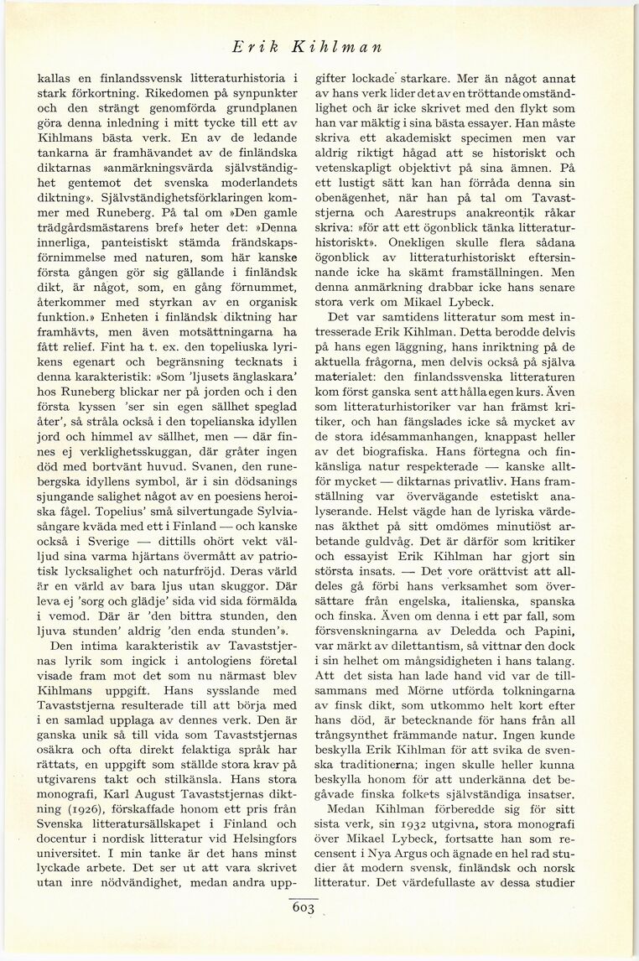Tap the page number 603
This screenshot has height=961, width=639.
click(303, 908)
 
